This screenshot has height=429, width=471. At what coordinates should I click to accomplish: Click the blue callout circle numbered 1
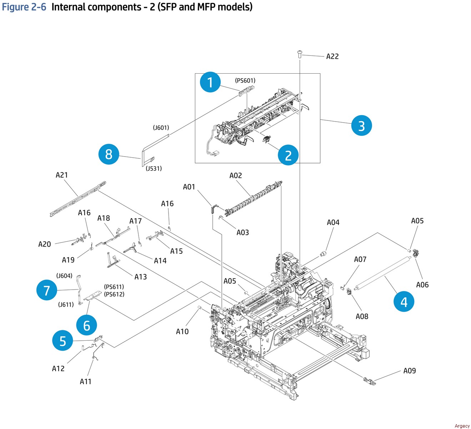coord(210,82)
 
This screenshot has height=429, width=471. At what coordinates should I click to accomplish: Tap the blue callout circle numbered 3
coord(361,126)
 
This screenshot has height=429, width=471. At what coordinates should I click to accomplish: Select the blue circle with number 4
coord(404,302)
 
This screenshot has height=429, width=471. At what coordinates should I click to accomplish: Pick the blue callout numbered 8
coord(109,154)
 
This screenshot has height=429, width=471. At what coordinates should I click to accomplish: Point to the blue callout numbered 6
coord(87,325)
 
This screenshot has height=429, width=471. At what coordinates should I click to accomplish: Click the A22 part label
coord(332,56)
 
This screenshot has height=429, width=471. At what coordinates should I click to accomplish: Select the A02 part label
coord(235,176)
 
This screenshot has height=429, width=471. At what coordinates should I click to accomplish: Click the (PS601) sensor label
coord(245,81)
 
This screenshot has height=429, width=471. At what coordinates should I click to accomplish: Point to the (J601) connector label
coord(161,128)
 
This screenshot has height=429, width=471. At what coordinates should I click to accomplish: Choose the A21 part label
coord(61,175)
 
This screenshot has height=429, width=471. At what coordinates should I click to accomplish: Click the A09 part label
coord(409,371)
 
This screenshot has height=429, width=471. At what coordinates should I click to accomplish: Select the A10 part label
coord(182,331)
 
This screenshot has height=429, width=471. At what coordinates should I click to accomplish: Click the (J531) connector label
coord(154,168)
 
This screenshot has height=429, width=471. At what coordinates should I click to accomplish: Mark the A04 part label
coord(333,222)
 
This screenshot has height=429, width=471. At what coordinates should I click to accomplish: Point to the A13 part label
coord(140,277)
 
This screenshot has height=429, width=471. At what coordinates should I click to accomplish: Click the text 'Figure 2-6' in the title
coord(24,7)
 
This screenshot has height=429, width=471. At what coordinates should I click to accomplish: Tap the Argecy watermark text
coord(462,426)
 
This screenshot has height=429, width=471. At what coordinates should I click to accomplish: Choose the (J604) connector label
coord(64,276)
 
